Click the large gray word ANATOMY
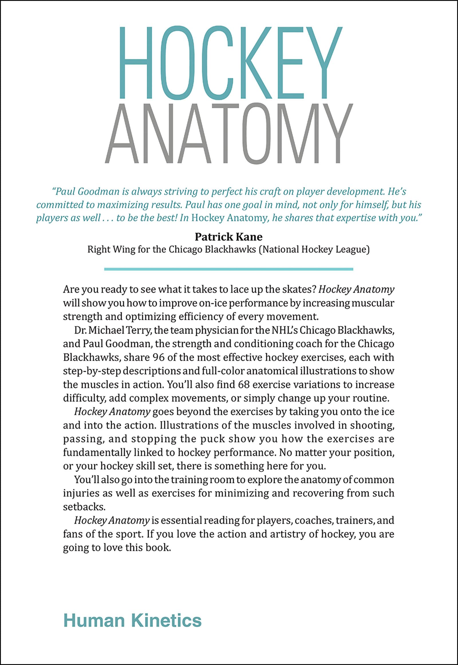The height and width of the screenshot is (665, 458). click(x=229, y=134)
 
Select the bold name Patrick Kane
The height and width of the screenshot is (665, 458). click(x=229, y=237)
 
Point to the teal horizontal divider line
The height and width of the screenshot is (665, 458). click(x=229, y=269)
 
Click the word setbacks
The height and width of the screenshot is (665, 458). click(x=84, y=507)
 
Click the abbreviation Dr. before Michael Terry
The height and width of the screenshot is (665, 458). click(x=80, y=330)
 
